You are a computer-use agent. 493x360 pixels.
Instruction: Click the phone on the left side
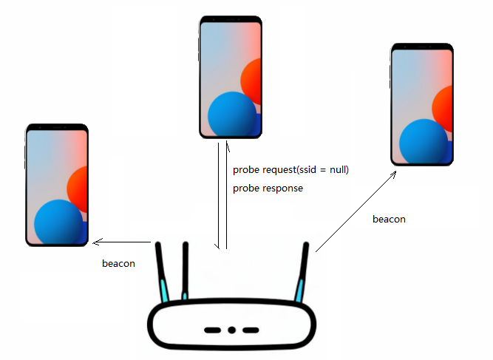(57, 185)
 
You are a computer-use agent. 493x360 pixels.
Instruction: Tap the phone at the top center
(231, 77)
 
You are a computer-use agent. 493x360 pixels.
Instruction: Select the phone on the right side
(421, 103)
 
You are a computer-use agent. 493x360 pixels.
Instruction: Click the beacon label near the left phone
(118, 263)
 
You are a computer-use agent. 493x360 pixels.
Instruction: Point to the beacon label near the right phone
(389, 220)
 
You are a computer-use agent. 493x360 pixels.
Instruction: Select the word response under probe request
(282, 189)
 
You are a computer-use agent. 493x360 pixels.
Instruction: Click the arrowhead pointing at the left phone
(95, 242)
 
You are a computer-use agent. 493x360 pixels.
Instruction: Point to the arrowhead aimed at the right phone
(395, 172)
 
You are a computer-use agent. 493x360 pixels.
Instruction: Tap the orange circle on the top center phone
(253, 81)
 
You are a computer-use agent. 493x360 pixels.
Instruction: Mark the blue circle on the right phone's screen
(424, 142)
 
